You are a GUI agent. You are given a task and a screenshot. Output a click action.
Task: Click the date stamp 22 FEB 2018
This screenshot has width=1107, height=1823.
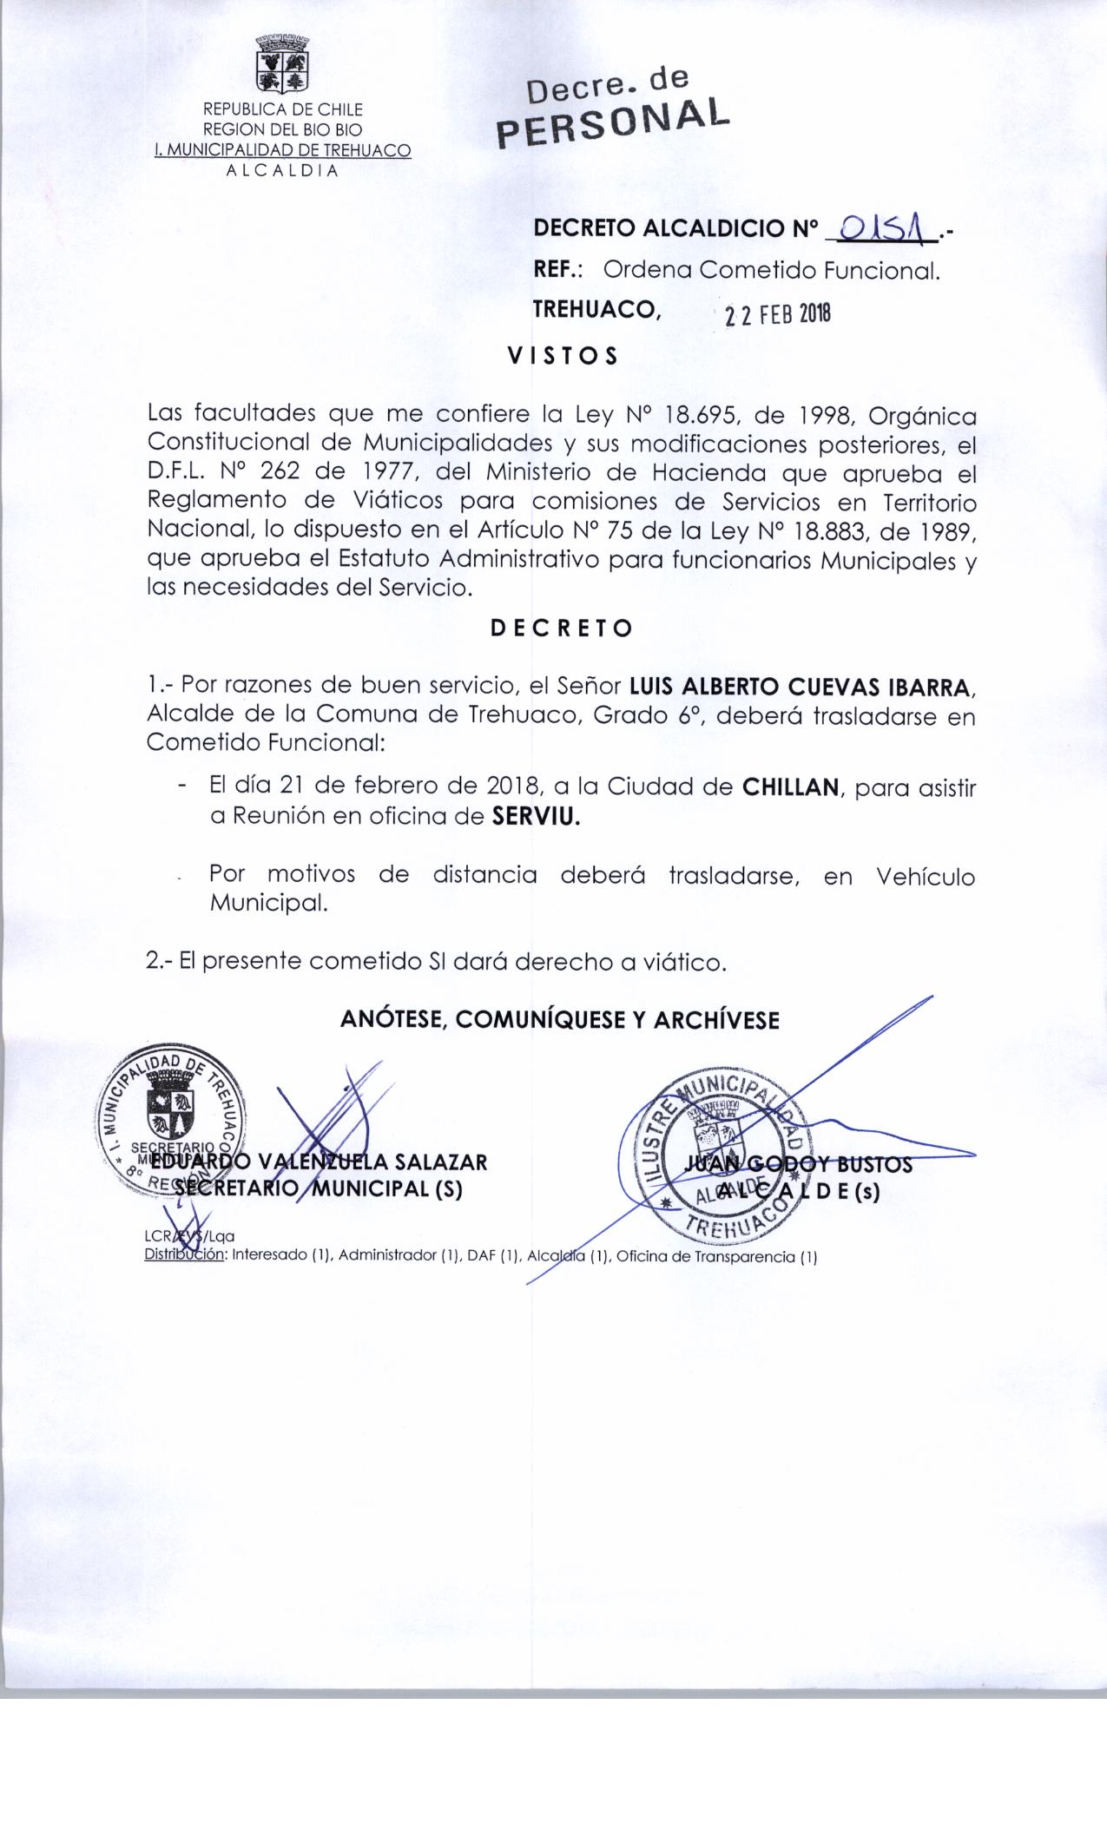(778, 314)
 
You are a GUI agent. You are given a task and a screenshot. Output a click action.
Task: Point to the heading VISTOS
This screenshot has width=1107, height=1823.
(563, 356)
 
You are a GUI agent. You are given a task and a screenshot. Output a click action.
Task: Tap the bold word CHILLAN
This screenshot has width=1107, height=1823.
(790, 788)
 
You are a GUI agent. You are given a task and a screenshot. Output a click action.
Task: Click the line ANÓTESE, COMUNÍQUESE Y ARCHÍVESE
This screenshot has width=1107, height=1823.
(560, 1019)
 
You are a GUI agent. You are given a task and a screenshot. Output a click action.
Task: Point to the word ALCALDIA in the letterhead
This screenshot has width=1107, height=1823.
(282, 170)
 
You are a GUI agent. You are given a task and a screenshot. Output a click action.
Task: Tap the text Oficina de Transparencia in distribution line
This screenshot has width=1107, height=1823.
(705, 1257)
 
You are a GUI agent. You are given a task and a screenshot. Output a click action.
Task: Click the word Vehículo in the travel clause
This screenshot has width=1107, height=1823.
(926, 877)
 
